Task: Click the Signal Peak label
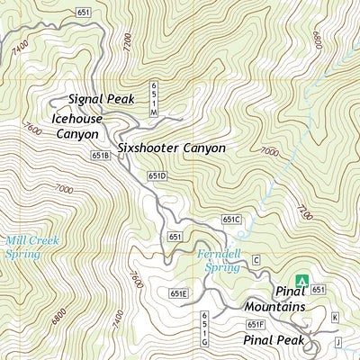[99, 98]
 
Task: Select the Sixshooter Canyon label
[170, 148]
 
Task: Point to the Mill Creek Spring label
[23, 247]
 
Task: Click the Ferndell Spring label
[220, 260]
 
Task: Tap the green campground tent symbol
[302, 282]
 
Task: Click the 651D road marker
[158, 175]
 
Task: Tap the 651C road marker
[231, 219]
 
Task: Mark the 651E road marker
[178, 293]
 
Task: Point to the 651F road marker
[255, 324]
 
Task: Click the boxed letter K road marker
[334, 317]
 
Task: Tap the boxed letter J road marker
[338, 342]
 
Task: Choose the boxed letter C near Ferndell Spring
[256, 260]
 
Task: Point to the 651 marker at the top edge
[84, 12]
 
